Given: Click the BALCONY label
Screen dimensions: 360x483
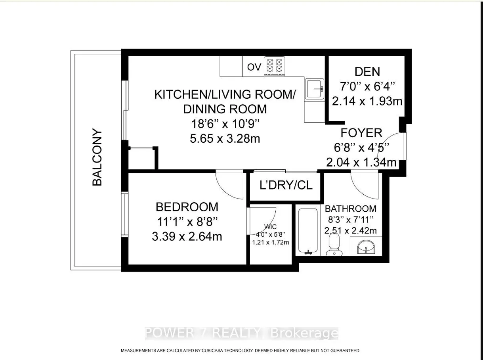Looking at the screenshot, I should click(x=97, y=157).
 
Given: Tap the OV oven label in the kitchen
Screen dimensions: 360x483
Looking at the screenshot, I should click(x=254, y=67).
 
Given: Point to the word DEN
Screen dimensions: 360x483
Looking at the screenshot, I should click(x=367, y=72).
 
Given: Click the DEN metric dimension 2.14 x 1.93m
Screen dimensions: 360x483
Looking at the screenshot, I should click(x=367, y=101).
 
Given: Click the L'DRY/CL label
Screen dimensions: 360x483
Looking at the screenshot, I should click(x=286, y=185).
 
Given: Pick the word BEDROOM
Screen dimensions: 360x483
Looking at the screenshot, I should click(x=187, y=207).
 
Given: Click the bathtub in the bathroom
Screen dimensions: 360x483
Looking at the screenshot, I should click(x=307, y=230).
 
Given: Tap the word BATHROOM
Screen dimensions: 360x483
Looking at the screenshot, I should click(x=350, y=209).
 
